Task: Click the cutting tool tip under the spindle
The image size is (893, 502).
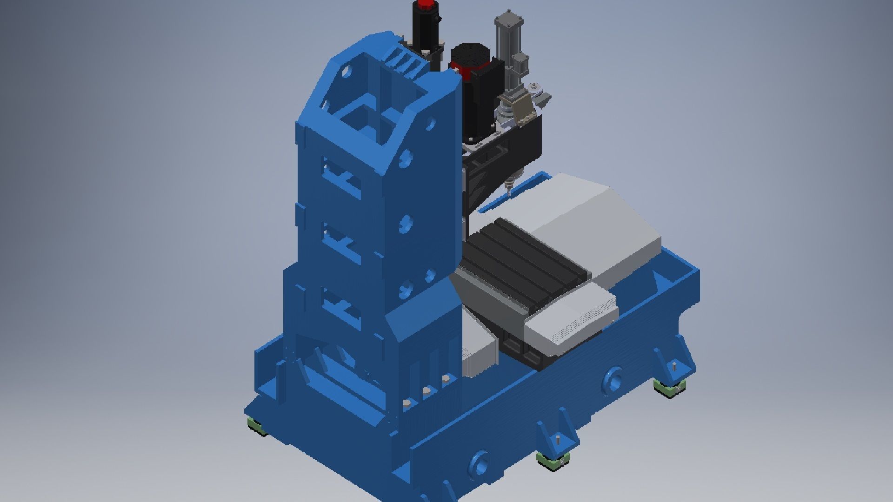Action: click(x=508, y=191)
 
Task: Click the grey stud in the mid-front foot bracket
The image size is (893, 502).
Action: click(x=557, y=439)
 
